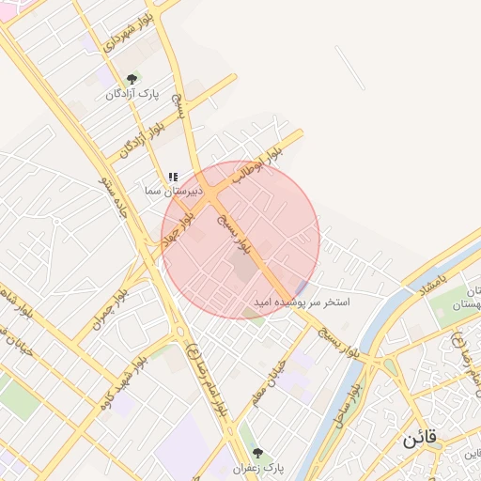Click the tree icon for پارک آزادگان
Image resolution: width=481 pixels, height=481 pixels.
(132, 80)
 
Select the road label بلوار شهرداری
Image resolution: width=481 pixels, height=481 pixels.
(116, 28)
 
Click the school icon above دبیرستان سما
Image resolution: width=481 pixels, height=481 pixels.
(172, 177)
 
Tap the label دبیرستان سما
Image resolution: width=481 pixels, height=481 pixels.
(172, 190)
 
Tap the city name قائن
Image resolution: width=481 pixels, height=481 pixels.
(419, 440)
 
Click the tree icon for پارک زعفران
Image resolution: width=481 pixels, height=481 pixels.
(258, 454)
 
